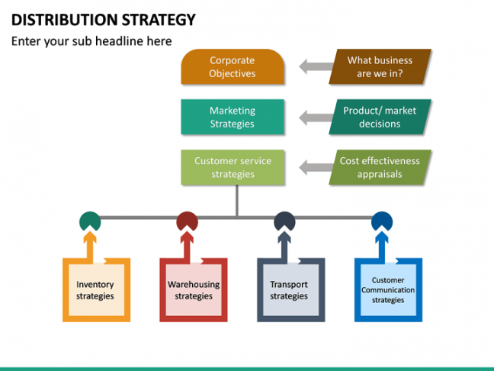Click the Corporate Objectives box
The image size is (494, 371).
click(x=233, y=66)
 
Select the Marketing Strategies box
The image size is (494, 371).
click(x=233, y=117)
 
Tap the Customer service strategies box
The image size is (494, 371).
click(x=233, y=167)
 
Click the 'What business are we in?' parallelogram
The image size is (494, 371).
click(x=380, y=66)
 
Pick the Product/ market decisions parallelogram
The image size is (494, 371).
click(x=380, y=117)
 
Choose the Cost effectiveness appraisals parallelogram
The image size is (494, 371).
click(x=380, y=167)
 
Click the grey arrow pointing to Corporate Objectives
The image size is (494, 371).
click(x=316, y=66)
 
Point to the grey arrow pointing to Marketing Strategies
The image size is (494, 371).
click(x=316, y=118)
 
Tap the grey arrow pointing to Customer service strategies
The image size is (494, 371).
click(x=316, y=167)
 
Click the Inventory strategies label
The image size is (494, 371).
click(x=95, y=290)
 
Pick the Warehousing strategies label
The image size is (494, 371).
click(x=194, y=290)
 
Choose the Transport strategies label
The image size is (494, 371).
click(x=289, y=290)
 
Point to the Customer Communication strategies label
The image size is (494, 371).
click(x=388, y=290)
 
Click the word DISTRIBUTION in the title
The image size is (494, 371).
click(x=65, y=20)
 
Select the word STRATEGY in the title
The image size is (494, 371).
click(x=159, y=20)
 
